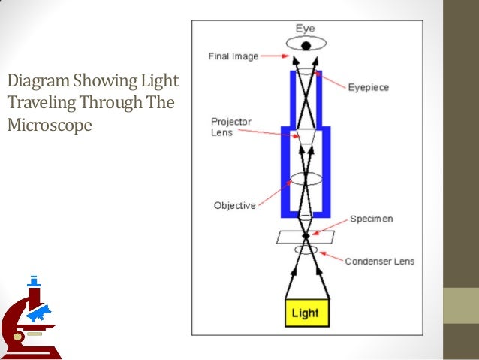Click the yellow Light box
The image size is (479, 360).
[x=305, y=313]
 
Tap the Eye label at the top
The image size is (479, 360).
[x=305, y=28]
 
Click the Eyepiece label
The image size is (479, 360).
[x=367, y=87]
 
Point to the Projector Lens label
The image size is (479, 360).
[x=231, y=127]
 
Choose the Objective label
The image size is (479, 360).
[x=234, y=204]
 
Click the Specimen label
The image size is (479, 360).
[x=371, y=219]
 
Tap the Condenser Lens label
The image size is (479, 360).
[x=379, y=262]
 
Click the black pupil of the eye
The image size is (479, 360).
[x=306, y=46]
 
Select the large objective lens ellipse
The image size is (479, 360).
[x=306, y=180]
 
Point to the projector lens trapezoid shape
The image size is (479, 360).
[x=306, y=135]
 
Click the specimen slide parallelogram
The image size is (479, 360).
[x=306, y=237]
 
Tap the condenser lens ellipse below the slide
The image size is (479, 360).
[x=306, y=249]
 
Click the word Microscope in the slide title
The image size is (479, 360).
[x=49, y=123]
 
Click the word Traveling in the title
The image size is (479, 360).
[x=37, y=101]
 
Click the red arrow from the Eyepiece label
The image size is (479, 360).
[x=331, y=80]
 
